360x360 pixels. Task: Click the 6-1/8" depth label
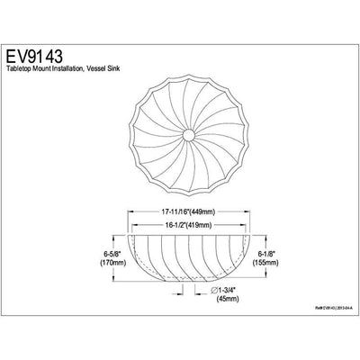291,255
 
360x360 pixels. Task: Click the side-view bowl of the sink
184,261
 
